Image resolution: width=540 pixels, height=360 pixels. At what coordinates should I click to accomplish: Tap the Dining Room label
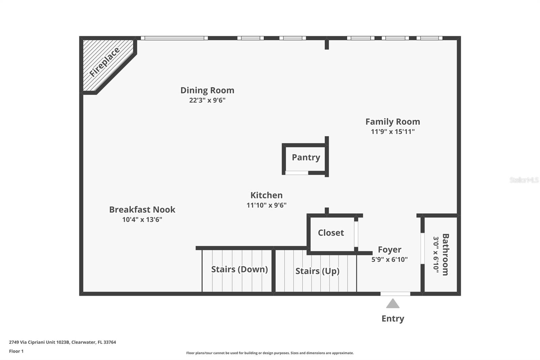207,90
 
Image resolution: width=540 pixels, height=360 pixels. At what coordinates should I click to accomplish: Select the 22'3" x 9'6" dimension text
207,100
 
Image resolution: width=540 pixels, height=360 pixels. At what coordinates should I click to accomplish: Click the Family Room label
393,122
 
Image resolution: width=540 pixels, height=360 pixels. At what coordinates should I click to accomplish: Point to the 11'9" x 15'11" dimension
393,132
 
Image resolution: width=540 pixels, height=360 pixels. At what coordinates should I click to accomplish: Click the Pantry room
306,157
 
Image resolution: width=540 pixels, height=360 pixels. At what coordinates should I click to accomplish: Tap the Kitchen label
266,195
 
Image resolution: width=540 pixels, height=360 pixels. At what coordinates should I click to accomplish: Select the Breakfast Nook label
142,209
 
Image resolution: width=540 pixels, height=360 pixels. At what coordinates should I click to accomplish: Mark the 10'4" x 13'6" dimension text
142,220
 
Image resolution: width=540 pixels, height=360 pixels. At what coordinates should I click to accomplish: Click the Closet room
331,233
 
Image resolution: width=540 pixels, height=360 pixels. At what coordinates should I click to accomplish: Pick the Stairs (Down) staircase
239,269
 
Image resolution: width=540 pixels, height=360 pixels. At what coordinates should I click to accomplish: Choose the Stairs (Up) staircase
317,271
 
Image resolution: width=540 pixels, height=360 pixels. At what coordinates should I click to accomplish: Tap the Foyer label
389,250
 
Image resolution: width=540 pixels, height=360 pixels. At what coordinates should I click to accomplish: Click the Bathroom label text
445,254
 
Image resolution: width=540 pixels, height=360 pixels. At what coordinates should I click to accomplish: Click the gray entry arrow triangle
393,304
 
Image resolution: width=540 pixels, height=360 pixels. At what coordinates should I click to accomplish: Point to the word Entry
393,318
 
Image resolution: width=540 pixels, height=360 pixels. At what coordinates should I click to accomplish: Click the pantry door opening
297,173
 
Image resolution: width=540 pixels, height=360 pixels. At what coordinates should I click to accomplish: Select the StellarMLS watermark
524,180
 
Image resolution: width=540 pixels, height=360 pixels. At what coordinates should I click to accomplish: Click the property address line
62,342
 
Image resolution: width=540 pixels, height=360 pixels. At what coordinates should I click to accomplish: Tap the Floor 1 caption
16,351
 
